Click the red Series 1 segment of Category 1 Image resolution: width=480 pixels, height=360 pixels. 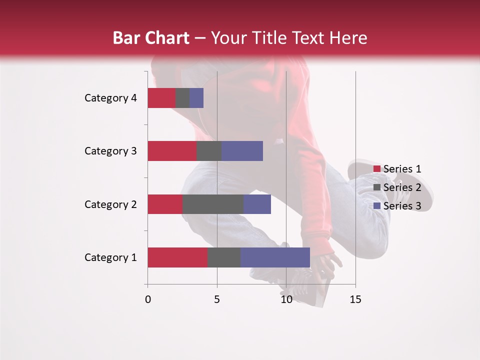177,257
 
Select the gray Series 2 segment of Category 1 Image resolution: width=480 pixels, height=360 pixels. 224,257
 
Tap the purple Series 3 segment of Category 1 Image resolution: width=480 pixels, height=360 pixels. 275,257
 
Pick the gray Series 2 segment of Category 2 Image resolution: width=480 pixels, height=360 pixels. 213,204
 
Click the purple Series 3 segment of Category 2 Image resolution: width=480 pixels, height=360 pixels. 257,204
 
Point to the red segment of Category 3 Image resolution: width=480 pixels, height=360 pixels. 172,151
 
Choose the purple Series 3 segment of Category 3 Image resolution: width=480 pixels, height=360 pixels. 242,151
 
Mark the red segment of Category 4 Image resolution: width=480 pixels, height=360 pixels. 161,98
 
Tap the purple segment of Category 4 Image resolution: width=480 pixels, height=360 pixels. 196,98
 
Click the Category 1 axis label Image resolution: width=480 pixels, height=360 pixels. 110,257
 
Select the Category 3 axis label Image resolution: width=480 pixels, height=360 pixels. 110,151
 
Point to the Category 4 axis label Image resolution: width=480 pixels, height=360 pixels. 110,98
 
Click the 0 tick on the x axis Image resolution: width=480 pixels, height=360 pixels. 148,299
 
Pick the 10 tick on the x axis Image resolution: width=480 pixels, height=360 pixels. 286,299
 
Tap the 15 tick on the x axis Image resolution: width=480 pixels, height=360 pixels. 355,299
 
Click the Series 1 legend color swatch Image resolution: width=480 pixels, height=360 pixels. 376,169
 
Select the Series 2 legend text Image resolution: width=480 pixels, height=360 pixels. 402,187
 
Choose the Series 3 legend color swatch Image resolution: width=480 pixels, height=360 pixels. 376,206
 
